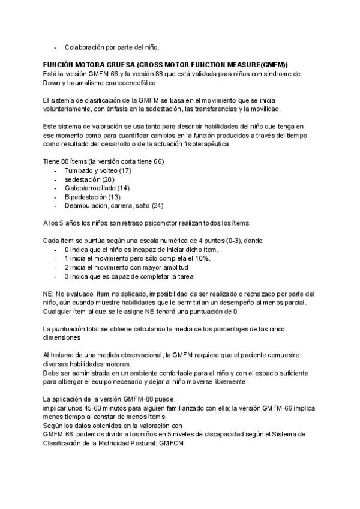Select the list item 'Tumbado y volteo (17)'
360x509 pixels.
click(x=98, y=171)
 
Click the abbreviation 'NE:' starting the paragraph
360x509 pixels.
click(x=49, y=294)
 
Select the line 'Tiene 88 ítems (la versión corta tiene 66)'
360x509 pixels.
click(x=104, y=162)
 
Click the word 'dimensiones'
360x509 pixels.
click(x=61, y=337)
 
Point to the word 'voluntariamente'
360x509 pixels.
click(x=68, y=109)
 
